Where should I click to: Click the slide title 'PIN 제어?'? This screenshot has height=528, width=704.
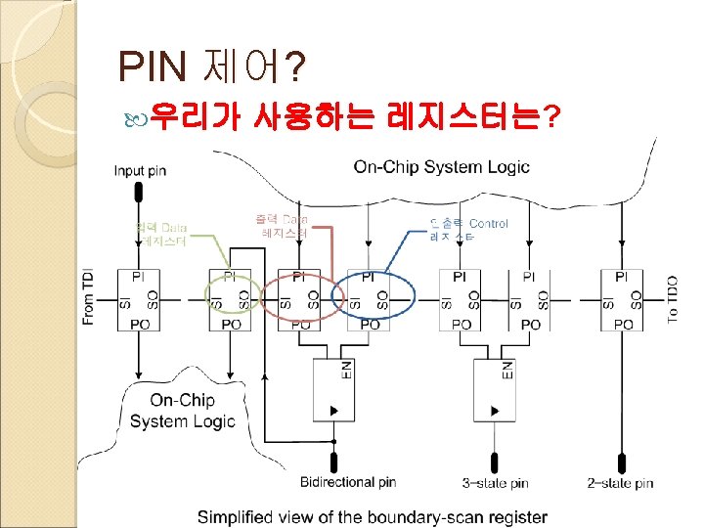[x=211, y=67]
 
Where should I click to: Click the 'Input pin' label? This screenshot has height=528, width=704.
[x=141, y=171]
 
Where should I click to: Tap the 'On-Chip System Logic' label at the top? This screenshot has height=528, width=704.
[x=441, y=166]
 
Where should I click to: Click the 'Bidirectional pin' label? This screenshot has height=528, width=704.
[x=348, y=482]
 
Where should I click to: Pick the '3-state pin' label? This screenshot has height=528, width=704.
[x=495, y=483]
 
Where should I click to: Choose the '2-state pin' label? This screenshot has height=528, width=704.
[x=620, y=483]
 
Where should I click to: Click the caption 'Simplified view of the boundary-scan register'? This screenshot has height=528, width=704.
[x=373, y=516]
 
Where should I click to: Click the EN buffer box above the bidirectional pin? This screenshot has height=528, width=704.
[x=332, y=390]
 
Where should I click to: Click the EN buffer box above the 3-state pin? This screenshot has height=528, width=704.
[x=495, y=390]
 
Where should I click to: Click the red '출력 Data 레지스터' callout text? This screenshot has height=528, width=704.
[x=286, y=226]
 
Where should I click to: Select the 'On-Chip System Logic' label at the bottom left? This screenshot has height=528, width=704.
[x=182, y=411]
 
